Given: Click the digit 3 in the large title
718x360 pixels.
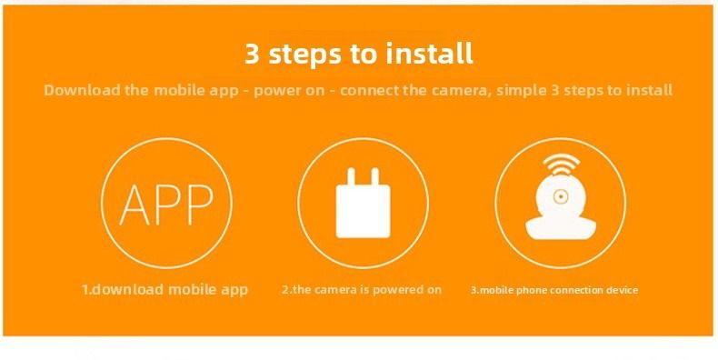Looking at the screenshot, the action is click(x=253, y=54).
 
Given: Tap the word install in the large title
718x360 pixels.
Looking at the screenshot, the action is click(x=429, y=53).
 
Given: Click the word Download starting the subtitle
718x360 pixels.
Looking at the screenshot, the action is click(x=83, y=90).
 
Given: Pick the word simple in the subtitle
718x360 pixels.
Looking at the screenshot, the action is click(x=522, y=90).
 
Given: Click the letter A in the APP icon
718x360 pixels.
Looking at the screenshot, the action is click(x=135, y=205).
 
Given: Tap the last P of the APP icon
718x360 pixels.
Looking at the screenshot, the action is click(x=199, y=205).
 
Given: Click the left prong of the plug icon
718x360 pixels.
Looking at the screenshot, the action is click(x=351, y=177).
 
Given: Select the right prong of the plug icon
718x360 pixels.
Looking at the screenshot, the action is click(x=375, y=177).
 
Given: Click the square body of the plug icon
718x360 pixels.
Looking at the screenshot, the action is click(x=364, y=212).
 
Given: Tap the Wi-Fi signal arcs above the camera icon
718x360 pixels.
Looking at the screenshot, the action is click(x=561, y=163).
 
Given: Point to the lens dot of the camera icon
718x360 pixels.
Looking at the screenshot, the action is click(x=561, y=196).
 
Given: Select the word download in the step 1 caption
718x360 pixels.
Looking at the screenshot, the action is click(x=125, y=289).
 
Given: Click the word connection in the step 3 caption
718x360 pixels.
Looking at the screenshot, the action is click(x=578, y=290).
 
